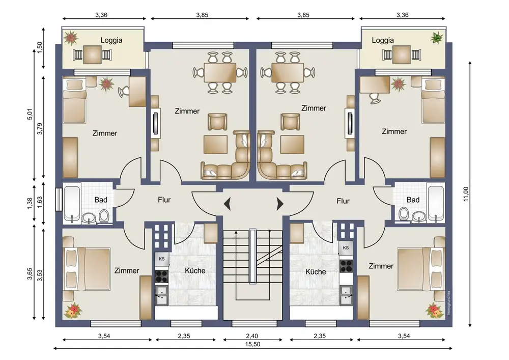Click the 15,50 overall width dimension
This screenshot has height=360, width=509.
coord(252,344)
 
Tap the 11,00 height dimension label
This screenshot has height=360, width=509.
coord(466,194)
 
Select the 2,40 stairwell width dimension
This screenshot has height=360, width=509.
coord(252,336)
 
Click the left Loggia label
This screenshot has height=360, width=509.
coord(111,40)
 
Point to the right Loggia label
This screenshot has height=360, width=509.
coord(383,40)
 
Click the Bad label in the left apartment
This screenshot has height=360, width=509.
coord(101,200)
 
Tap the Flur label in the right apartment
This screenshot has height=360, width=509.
coord(343,201)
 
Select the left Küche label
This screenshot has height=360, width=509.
coord(195,270)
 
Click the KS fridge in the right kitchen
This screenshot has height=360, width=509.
coord(346,248)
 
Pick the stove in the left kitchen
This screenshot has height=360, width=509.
coord(161,276)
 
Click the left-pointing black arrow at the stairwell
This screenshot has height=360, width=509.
coord(227,204)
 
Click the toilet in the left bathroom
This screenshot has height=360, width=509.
coord(104,215)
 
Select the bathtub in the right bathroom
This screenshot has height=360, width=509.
coord(436,203)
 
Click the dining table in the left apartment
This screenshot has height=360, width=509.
coord(220,73)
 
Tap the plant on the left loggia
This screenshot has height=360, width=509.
coord(71,38)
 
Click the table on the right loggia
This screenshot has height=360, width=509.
coord(402,54)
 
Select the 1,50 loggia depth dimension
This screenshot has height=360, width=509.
coord(40,48)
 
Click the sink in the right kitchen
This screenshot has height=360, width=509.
coord(346,294)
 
